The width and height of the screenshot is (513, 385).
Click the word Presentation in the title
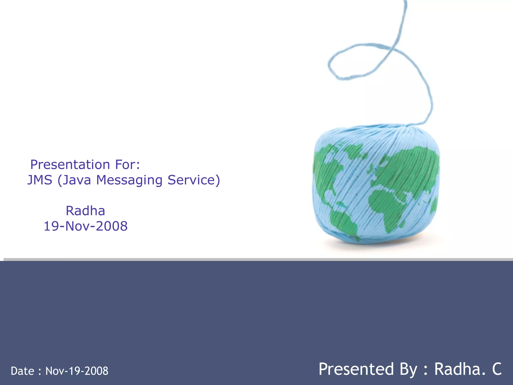tap(70, 165)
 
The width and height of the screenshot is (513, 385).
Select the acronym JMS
tap(40, 180)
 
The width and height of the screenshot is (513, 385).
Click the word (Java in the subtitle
tap(74, 180)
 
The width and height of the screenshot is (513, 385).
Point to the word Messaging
tap(129, 180)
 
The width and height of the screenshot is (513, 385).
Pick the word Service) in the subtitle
tap(194, 180)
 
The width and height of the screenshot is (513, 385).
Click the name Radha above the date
tap(85, 211)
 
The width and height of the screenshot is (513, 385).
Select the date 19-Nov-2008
tap(86, 226)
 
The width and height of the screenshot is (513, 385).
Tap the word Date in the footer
tap(23, 371)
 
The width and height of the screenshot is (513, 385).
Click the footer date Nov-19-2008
tap(77, 371)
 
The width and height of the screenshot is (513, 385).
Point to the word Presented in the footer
tap(356, 369)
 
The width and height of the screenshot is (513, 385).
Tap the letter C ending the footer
tap(497, 369)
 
